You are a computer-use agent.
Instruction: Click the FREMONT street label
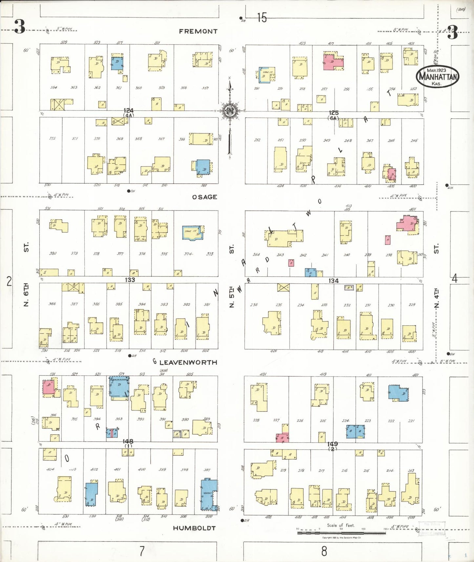point(198,31)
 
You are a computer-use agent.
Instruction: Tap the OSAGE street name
point(204,197)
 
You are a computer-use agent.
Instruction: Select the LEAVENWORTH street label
point(188,362)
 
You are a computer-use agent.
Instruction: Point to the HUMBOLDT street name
point(194,528)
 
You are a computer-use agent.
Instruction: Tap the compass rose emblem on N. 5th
point(230,111)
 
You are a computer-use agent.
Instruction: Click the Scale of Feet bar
point(341,533)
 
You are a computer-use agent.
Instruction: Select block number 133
point(130,280)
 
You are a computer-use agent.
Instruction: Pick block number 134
point(333,281)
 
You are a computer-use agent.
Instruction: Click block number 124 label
point(129,111)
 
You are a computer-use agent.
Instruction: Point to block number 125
point(333,113)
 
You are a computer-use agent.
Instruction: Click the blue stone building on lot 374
point(193,233)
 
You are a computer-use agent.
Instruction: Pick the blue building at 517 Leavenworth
point(119,387)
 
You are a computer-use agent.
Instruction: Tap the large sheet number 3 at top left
point(19,27)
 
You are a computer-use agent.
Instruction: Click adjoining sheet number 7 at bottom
point(142,551)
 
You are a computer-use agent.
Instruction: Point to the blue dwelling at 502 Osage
point(203,167)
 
